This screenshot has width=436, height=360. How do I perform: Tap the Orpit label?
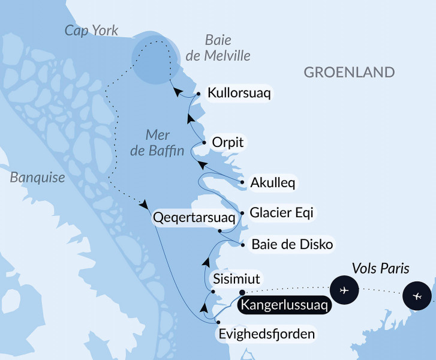click(228, 142)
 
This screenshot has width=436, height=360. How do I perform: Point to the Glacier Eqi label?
click(281, 212)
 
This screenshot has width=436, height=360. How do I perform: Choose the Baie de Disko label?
click(291, 244)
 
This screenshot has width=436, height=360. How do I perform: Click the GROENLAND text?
click(349, 73)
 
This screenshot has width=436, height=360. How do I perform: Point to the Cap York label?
click(92, 31)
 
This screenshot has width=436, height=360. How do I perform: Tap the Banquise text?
click(37, 178)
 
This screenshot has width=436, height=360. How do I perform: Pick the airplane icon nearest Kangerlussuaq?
click(344, 290)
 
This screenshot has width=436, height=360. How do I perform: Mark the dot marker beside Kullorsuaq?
click(198, 94)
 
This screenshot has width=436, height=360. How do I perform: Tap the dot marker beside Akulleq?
click(242, 182)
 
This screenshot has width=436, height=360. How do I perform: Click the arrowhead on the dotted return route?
click(145, 205)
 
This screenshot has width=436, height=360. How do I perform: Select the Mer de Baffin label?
click(157, 143)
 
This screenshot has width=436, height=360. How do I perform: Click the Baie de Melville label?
click(227, 48)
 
